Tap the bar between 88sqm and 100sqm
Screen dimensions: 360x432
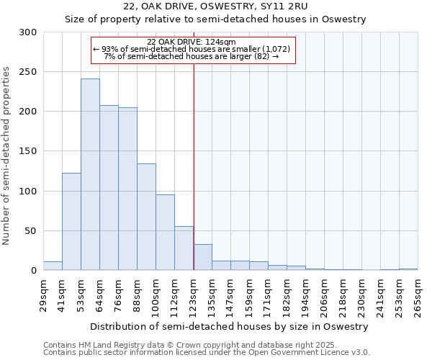click(146, 217)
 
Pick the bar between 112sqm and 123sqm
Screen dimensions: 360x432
click(184, 248)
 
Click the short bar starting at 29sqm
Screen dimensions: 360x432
click(53, 266)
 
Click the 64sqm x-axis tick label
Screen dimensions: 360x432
click(100, 296)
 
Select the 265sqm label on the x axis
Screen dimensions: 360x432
click(418, 296)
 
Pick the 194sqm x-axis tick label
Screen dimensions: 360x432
click(306, 296)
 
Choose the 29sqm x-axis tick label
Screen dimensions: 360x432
click(44, 296)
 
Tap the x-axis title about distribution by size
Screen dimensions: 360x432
click(231, 326)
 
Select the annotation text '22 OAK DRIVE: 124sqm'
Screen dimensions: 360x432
click(186, 42)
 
